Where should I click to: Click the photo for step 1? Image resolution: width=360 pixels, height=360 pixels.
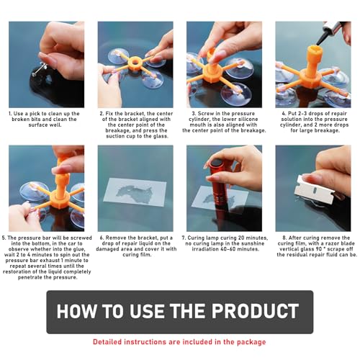tap(47, 63)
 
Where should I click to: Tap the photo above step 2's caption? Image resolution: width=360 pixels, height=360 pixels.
tap(135, 63)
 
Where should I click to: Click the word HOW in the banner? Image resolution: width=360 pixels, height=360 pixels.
tap(81, 312)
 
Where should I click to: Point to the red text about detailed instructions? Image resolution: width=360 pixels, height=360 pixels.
tap(180, 342)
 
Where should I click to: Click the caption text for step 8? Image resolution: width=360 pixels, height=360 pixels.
tap(313, 249)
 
